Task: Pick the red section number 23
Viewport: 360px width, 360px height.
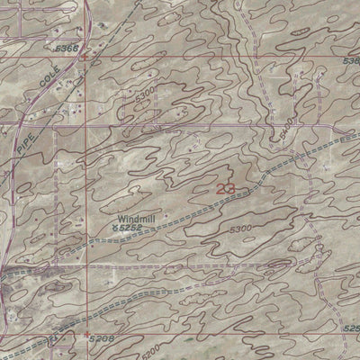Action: pos(226,189)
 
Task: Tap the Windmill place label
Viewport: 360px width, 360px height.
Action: pos(136,218)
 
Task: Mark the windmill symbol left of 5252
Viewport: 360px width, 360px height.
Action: pos(113,229)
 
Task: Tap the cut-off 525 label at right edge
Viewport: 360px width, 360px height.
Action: pos(352,328)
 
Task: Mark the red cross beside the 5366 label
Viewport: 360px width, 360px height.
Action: pos(84,57)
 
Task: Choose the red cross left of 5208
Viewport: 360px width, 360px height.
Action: pos(86,335)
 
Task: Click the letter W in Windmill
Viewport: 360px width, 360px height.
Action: pos(119,218)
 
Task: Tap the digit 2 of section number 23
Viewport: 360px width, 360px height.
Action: pos(221,189)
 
